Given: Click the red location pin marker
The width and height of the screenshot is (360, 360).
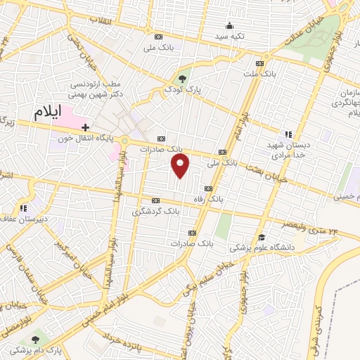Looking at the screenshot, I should pos(181,166).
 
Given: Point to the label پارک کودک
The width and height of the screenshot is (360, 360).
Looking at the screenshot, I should pos(179,90).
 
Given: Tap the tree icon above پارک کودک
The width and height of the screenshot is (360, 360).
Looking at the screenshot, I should pos(183,78).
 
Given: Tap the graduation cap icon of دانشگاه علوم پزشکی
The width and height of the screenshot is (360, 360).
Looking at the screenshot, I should pos(262,237).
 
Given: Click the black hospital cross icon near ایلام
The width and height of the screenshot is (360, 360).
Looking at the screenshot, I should pos(85,128).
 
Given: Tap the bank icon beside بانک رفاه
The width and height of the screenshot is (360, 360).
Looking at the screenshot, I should pos(208,188).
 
